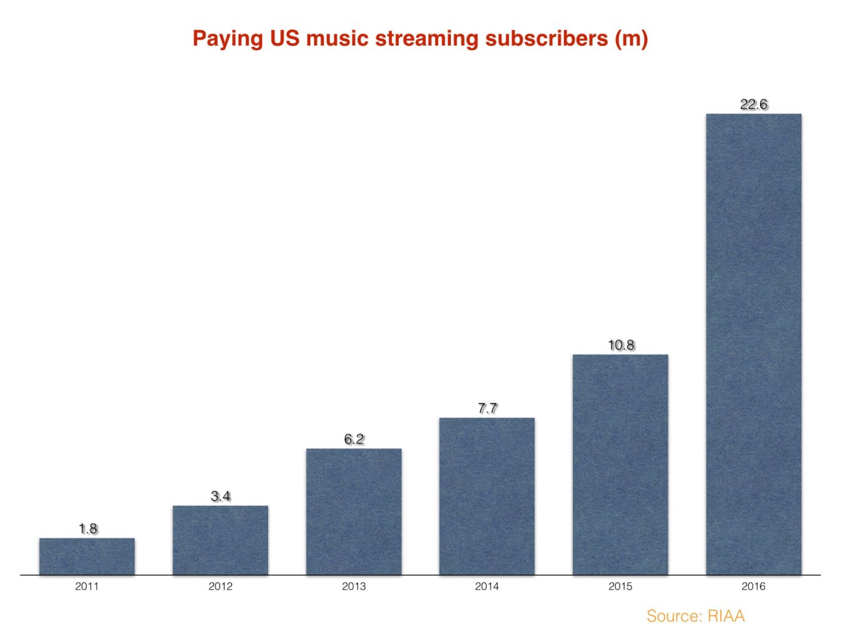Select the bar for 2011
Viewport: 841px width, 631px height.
(x=87, y=556)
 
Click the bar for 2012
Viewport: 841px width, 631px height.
(x=220, y=540)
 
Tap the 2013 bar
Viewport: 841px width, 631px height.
(x=354, y=512)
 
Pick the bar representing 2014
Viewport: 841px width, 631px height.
(x=487, y=496)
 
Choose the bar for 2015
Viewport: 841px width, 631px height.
(x=620, y=464)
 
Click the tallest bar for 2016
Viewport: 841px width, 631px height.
(x=753, y=344)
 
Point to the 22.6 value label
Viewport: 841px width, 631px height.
(x=753, y=104)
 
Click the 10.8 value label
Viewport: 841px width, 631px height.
(x=620, y=345)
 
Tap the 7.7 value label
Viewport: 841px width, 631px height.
(x=487, y=408)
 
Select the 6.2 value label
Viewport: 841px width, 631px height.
(x=354, y=439)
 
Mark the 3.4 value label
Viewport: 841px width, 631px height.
(x=220, y=496)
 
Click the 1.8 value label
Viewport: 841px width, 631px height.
(x=88, y=528)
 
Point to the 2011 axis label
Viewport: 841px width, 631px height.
(x=87, y=586)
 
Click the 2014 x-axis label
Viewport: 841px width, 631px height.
(x=487, y=586)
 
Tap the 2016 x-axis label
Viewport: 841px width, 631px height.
(x=753, y=586)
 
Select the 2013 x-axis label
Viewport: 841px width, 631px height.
(x=354, y=586)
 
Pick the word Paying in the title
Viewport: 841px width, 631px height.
(x=227, y=38)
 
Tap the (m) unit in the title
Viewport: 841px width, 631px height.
(x=630, y=38)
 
